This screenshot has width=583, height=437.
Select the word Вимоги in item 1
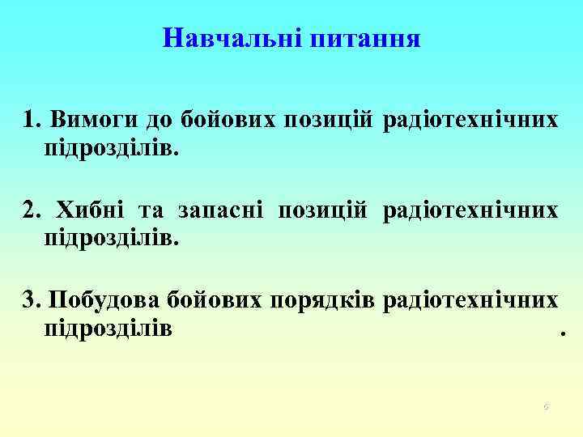93,121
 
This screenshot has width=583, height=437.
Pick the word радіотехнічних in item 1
470,121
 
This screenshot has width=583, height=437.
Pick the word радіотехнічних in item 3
470,301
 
